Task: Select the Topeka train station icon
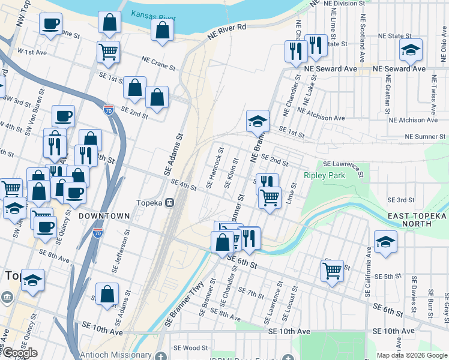click(170, 203)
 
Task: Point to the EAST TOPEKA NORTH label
click(418, 220)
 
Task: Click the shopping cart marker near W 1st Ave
click(108, 52)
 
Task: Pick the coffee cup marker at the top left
click(50, 25)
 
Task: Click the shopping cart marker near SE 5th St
click(332, 271)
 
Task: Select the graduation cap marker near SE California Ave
click(385, 242)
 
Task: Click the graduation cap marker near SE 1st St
click(258, 121)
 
